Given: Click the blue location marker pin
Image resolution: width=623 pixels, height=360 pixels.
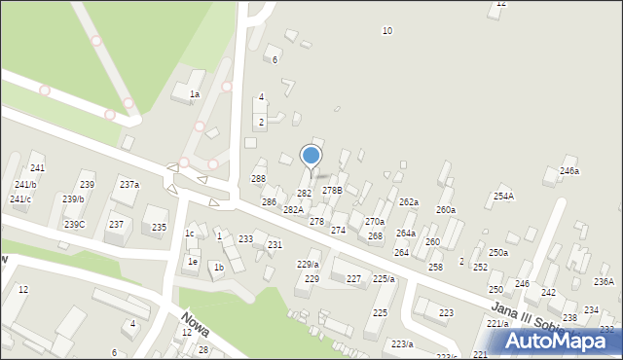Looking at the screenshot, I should click(311, 156).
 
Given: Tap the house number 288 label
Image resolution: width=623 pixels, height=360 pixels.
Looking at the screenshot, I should click(258, 179).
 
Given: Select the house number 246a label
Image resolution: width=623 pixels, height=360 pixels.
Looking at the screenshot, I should click(569, 171).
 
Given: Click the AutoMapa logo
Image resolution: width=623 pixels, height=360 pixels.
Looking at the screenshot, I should click(558, 341).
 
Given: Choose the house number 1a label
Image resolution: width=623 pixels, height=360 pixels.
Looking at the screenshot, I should click(195, 94).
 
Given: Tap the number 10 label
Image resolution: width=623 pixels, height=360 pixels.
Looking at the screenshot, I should click(387, 31).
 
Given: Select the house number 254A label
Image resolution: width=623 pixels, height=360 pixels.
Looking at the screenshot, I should click(503, 197).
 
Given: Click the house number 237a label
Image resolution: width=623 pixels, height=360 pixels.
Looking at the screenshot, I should click(129, 185).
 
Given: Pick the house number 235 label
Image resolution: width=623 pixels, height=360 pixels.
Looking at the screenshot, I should click(159, 228).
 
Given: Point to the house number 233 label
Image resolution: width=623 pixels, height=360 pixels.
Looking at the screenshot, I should click(246, 239).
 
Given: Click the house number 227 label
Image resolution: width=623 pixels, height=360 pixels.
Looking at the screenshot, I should click(354, 279).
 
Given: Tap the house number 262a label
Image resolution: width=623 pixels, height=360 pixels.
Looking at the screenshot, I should click(409, 202).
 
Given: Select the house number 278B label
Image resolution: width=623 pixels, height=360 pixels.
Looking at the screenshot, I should click(332, 191).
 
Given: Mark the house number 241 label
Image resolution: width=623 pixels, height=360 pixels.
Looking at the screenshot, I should click(37, 168).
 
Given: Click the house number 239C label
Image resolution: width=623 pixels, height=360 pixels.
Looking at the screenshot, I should click(74, 225).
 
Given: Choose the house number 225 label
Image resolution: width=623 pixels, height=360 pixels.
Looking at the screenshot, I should click(380, 313).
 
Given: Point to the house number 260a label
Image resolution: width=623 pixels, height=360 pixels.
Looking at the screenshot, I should click(446, 210).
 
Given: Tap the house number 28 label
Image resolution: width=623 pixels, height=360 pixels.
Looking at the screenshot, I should click(203, 350).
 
